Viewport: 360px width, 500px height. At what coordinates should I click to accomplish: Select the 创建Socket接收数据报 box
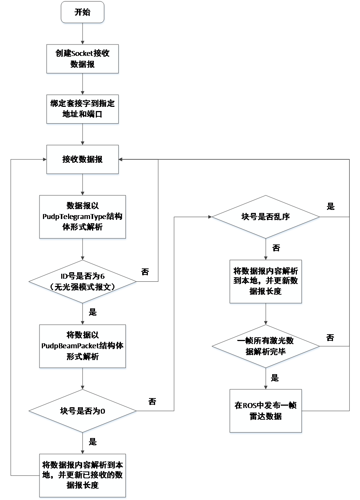[x=82, y=59]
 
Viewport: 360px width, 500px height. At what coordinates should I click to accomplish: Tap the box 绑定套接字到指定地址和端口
[x=82, y=109]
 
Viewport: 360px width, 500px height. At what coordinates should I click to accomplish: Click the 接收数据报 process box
[x=82, y=160]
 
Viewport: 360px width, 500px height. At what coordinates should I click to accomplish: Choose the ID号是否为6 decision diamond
[x=82, y=282]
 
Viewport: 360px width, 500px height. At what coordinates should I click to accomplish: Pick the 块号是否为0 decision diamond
[x=82, y=411]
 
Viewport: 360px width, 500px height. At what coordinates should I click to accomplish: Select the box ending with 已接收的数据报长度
[x=82, y=476]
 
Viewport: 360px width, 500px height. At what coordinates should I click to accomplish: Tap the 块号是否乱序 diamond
[x=266, y=217]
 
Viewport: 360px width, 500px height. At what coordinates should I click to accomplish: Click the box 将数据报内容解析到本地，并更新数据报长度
[x=266, y=282]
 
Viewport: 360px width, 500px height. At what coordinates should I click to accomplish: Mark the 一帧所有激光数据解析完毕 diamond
[x=266, y=346]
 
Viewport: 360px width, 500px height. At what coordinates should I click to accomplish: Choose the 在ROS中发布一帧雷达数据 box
[x=266, y=411]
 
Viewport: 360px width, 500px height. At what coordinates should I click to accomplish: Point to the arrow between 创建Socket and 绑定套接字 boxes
[x=82, y=84]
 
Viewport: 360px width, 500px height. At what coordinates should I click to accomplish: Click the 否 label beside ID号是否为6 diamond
[x=145, y=272]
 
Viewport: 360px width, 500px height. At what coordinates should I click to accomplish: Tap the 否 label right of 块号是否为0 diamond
[x=152, y=402]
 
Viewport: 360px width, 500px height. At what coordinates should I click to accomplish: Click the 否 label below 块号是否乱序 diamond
[x=276, y=248]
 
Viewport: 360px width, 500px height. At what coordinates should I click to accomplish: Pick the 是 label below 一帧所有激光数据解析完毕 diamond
[x=275, y=378]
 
